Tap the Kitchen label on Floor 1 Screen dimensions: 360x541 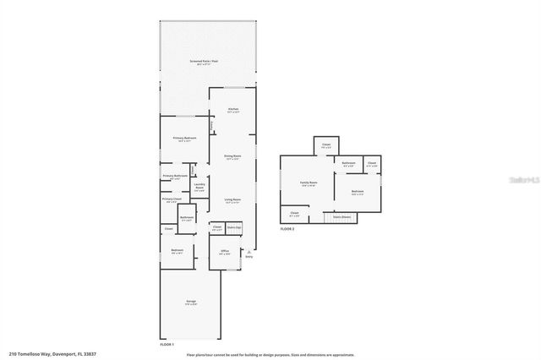233,109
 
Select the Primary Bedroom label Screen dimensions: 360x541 186,138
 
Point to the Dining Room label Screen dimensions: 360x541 233,156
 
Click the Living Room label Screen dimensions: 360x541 233,200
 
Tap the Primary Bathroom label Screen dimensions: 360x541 175,176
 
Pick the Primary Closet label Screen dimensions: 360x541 172,200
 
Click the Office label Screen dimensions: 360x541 224,252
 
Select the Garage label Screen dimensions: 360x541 190,303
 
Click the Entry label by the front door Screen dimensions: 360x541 249,256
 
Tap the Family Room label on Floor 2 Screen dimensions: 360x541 309,183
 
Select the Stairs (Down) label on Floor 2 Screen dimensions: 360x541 342,217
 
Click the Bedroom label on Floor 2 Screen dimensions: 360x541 358,191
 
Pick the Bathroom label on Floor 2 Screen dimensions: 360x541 348,162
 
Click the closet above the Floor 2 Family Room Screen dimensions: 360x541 326,145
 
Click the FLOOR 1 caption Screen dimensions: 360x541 167,344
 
